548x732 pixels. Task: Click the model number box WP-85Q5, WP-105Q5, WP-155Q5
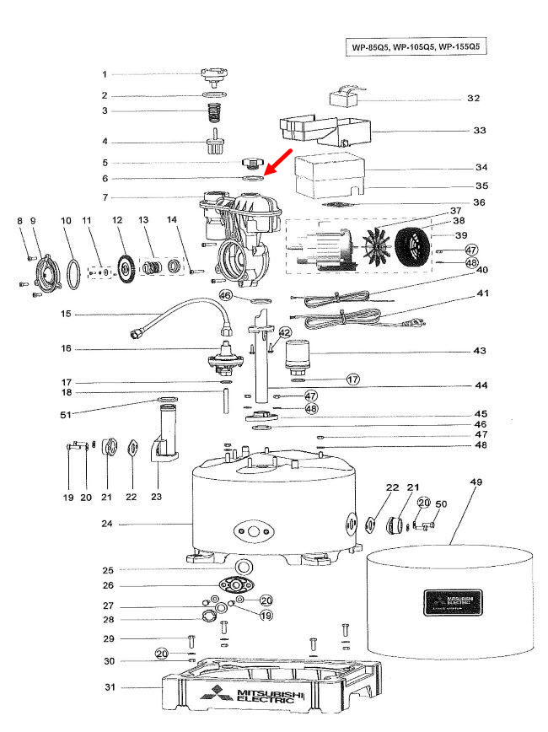tap(419, 47)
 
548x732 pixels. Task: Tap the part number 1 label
tap(105, 74)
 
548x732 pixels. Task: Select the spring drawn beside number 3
tap(214, 110)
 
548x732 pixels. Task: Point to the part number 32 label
tap(474, 98)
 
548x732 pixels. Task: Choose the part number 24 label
tap(107, 524)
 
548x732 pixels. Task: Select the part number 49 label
tap(476, 482)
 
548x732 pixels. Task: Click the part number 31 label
tap(109, 687)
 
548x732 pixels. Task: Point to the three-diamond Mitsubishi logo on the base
tap(213, 697)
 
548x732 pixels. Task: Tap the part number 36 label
tap(480, 202)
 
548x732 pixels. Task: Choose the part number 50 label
tap(441, 504)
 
